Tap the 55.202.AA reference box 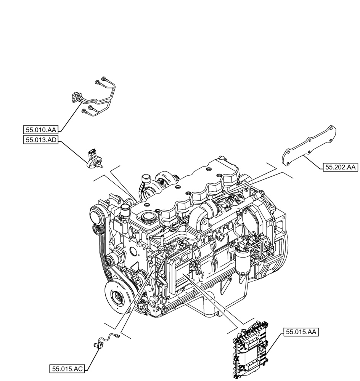(x=340, y=167)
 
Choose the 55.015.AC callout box (x=67, y=368)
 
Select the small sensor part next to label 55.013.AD (x=93, y=158)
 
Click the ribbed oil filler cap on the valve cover (x=147, y=218)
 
